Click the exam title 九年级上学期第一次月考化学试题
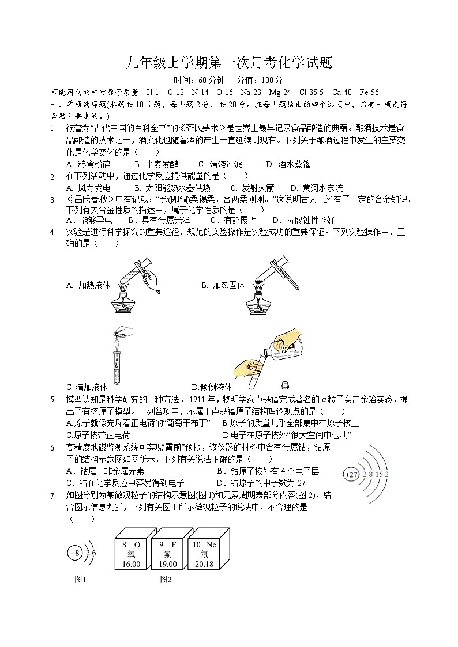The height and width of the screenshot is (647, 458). [x=229, y=63]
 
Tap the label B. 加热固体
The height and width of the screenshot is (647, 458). [x=223, y=285]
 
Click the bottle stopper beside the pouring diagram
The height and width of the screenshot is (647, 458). [x=284, y=384]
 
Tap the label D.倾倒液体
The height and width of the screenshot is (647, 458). [x=212, y=387]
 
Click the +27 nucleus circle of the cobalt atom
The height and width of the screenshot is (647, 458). [x=351, y=474]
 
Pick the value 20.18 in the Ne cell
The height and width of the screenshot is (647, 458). [x=204, y=565]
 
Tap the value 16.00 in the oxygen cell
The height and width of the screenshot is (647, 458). [x=132, y=565]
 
